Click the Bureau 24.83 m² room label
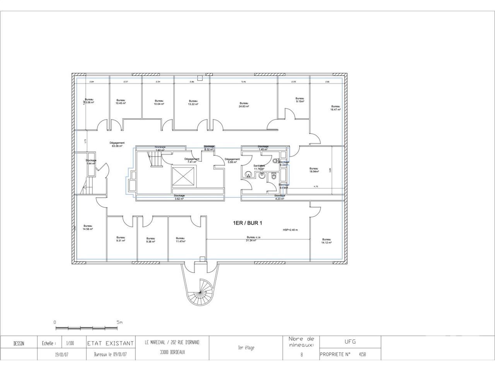point(244,105)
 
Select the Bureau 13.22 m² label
point(193,102)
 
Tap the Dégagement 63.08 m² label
point(117,145)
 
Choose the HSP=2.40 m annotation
point(290,230)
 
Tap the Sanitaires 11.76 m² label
point(259,167)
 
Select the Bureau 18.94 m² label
point(314,170)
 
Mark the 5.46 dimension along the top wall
point(244,82)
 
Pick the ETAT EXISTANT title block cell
point(111,343)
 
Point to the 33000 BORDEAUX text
point(172,352)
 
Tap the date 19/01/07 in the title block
point(62,354)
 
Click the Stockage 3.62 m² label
point(179,197)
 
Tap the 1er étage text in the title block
point(246,348)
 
